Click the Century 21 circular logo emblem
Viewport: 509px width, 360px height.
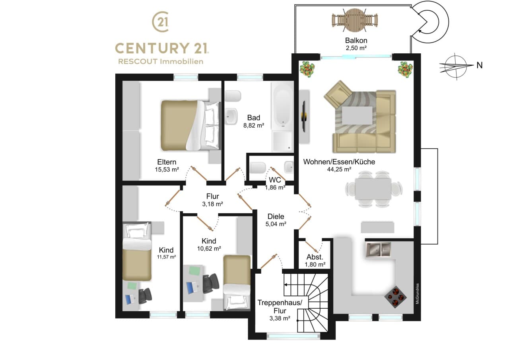pos(161,21)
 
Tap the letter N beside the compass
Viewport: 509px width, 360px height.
pos(480,66)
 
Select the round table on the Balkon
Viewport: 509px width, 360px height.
pos(355,20)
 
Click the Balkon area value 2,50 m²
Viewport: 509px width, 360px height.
pos(356,48)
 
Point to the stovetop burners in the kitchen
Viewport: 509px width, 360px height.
pos(395,297)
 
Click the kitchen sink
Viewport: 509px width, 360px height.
pos(378,249)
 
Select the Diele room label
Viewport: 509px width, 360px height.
pos(276,216)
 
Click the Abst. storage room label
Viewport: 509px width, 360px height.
pos(315,257)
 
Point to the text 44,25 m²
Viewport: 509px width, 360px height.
pos(339,169)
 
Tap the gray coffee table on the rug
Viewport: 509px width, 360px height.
pos(357,115)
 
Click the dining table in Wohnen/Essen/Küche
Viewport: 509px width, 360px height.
pos(373,189)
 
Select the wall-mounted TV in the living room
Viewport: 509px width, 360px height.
pos(304,117)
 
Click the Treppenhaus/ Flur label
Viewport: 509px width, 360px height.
pos(280,307)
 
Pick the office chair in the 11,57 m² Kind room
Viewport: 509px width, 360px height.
pos(145,296)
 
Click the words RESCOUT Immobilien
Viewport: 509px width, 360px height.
pos(161,62)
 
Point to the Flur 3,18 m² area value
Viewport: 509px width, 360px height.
pos(212,204)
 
